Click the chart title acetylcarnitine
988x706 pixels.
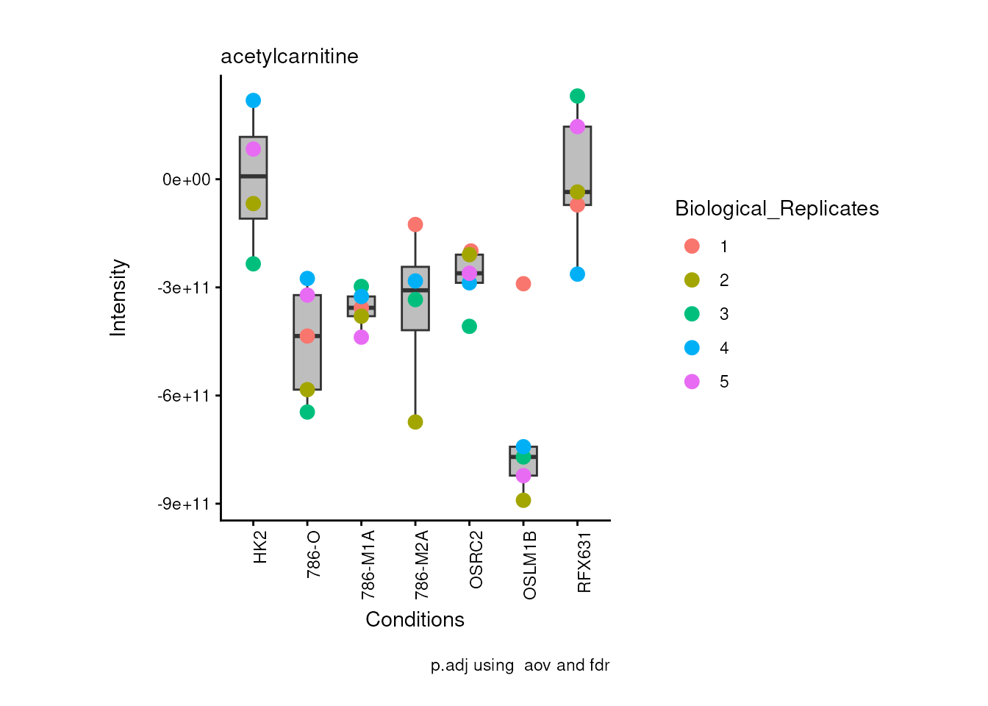pos(289,57)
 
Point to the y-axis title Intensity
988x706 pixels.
pos(118,298)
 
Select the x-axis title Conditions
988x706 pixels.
pos(415,620)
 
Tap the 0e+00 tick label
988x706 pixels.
pos(186,180)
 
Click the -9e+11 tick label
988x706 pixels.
pos(184,504)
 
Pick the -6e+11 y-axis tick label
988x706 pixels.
pos(184,396)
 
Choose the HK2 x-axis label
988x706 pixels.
pos(260,548)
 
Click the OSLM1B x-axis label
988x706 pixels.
pos(530,565)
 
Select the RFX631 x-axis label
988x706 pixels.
pos(584,563)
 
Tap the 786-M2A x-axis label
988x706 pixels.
pos(422,565)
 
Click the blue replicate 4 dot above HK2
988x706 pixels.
pos(253,101)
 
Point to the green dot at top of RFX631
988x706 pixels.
pos(577,96)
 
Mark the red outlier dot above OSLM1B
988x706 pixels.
pos(523,284)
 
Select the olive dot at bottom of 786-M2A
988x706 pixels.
pos(415,422)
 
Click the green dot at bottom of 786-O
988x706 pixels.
pos(307,412)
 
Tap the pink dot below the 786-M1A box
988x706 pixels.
pos(361,337)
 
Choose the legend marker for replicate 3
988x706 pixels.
pos(692,314)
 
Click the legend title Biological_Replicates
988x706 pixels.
pos(776,209)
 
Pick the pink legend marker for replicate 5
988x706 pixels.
pos(692,382)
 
